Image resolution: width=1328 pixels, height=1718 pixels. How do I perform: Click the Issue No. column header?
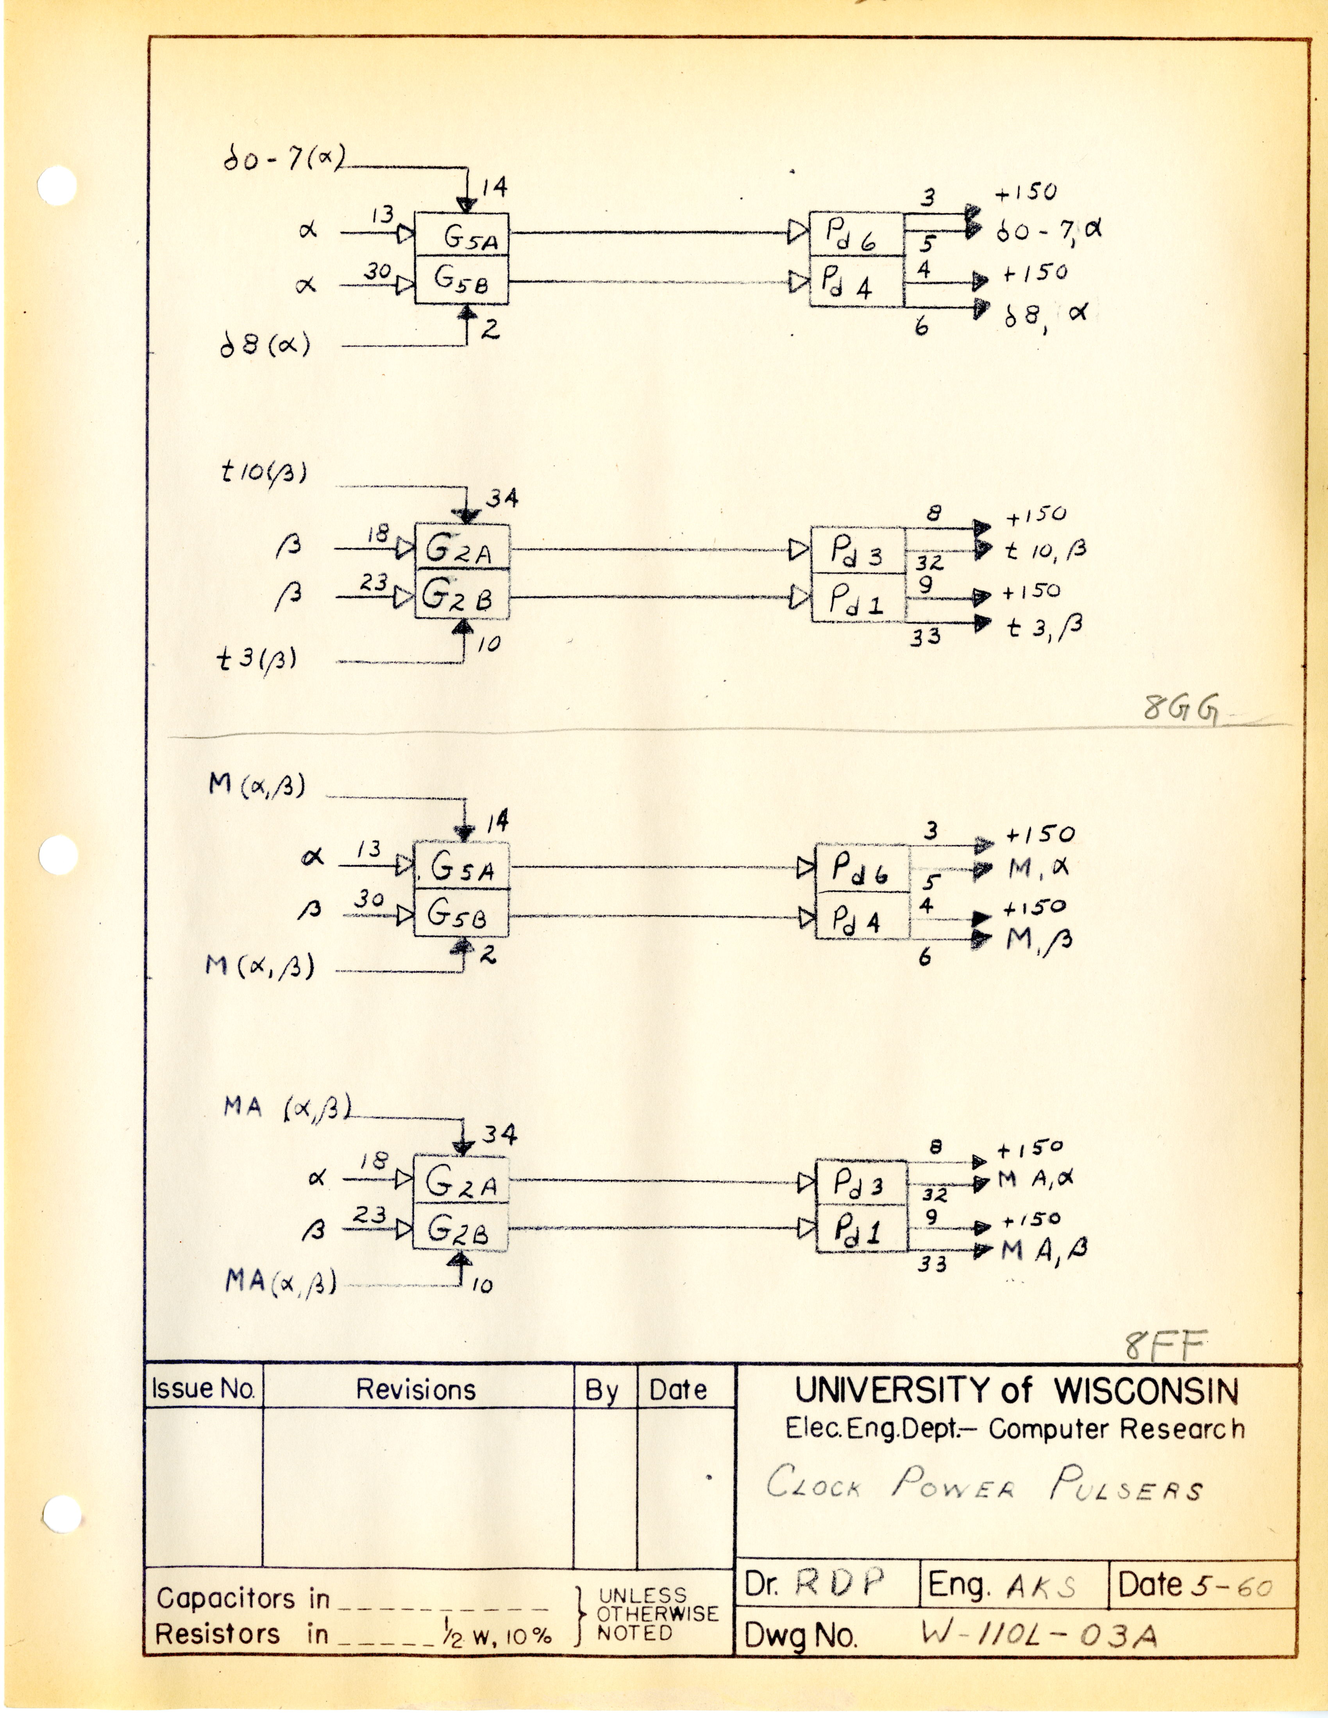click(x=203, y=1388)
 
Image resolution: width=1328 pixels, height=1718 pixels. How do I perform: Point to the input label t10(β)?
click(x=263, y=472)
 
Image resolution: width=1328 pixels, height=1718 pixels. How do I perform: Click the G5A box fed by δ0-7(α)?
click(x=462, y=234)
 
